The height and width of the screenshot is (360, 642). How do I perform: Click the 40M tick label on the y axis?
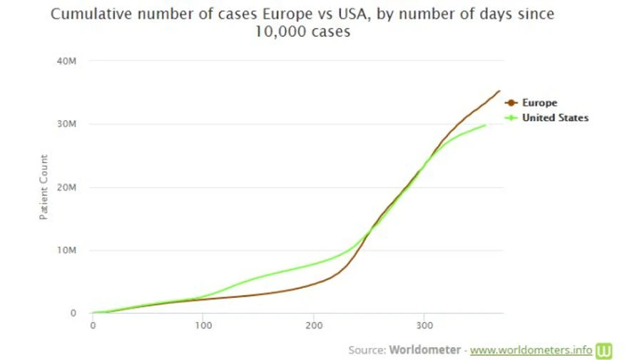pyautogui.click(x=66, y=61)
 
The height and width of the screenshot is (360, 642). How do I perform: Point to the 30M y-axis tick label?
pyautogui.click(x=66, y=124)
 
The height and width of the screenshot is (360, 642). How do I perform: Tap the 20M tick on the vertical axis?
pyautogui.click(x=66, y=187)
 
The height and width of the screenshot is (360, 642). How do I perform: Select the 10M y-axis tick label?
pyautogui.click(x=66, y=250)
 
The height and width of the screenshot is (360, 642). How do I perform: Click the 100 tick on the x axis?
pyautogui.click(x=203, y=326)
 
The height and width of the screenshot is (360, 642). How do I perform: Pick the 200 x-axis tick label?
pyautogui.click(x=313, y=326)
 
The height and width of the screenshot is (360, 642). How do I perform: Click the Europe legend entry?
pyautogui.click(x=539, y=103)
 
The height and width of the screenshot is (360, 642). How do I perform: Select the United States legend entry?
pyautogui.click(x=555, y=118)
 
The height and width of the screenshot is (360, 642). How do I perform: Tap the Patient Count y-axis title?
pyautogui.click(x=44, y=187)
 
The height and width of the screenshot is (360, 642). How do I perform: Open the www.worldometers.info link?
pyautogui.click(x=531, y=350)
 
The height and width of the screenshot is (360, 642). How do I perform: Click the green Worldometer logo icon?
pyautogui.click(x=604, y=350)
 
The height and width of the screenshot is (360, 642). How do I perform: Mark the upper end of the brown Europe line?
pyautogui.click(x=499, y=91)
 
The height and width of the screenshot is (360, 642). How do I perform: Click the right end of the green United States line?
pyautogui.click(x=486, y=125)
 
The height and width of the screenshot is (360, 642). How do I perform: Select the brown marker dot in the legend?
pyautogui.click(x=510, y=103)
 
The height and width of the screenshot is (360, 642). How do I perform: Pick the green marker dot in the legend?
pyautogui.click(x=510, y=118)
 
